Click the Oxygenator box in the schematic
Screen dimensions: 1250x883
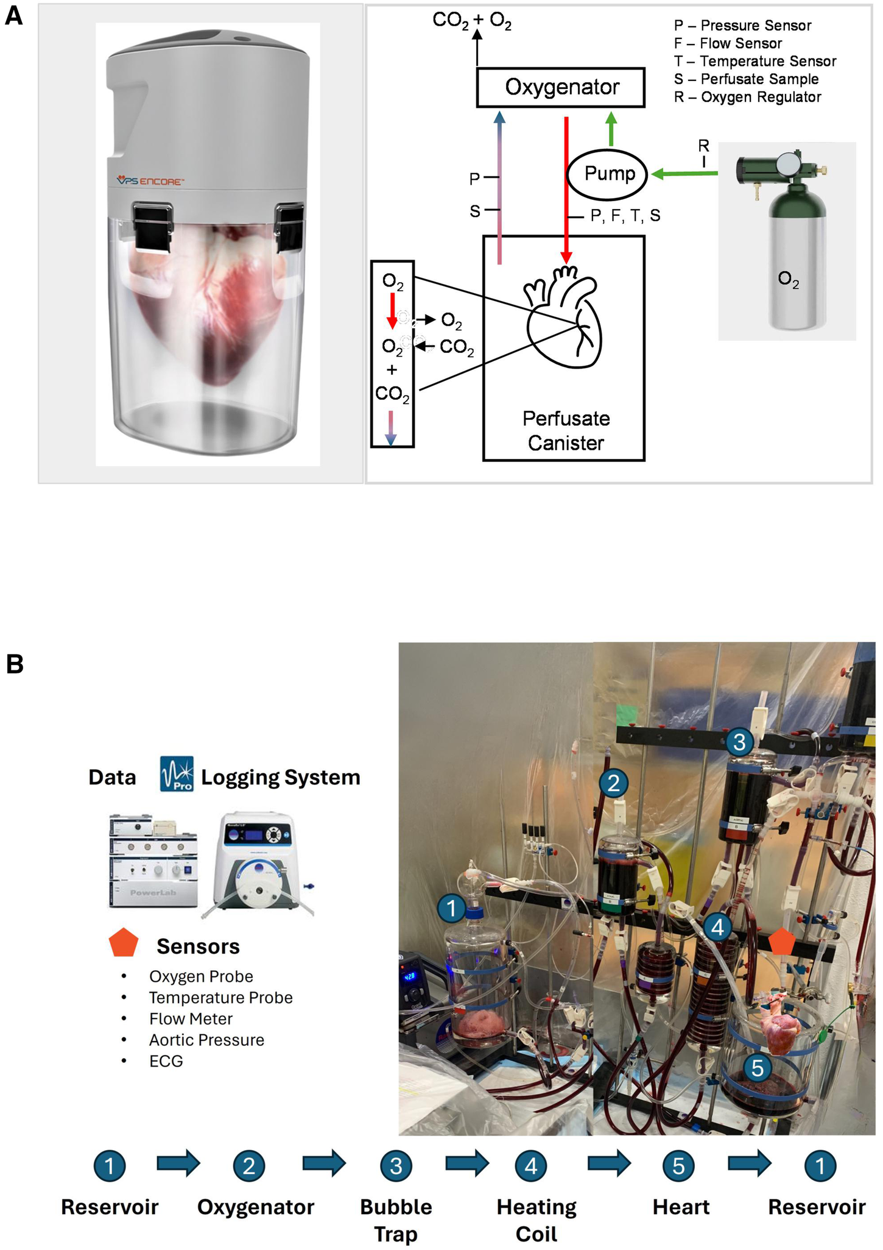(x=560, y=87)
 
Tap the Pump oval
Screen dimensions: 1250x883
(x=608, y=174)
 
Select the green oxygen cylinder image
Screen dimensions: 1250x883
(x=787, y=240)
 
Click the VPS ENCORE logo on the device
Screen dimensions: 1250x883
(x=150, y=181)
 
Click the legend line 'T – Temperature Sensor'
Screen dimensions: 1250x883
(x=755, y=61)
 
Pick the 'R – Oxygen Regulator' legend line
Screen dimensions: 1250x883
(x=747, y=97)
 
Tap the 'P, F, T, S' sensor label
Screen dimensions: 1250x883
(x=625, y=216)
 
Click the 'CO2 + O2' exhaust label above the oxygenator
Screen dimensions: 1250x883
(x=471, y=21)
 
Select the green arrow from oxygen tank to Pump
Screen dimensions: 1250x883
(x=684, y=174)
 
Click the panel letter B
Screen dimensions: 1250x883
(x=14, y=664)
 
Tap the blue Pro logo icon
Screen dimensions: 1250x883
(x=176, y=774)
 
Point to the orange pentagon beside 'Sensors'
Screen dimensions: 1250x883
(x=123, y=943)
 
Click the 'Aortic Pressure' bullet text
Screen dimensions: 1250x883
(x=206, y=1040)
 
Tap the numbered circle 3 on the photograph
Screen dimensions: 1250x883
(x=739, y=742)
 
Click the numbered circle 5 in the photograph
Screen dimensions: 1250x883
(x=757, y=1067)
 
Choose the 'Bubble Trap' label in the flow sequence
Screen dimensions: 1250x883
(x=395, y=1220)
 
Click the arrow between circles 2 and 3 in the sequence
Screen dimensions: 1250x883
(x=323, y=1163)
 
